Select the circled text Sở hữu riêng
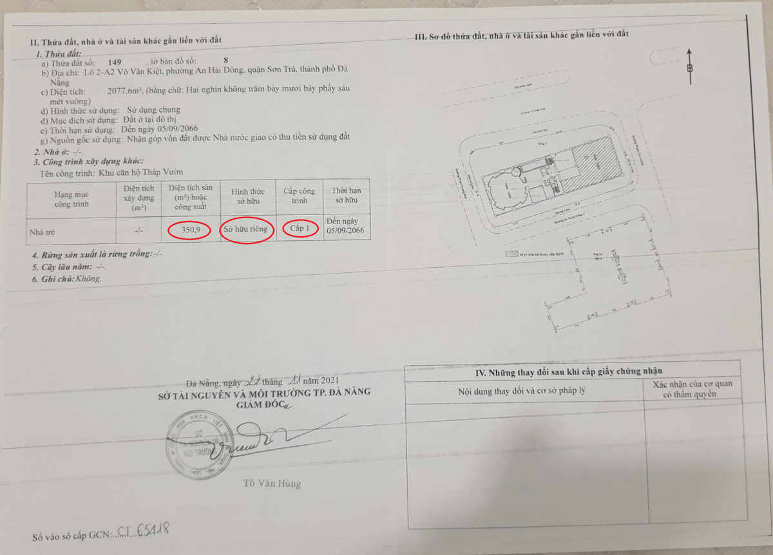[246, 230]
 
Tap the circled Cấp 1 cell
[300, 229]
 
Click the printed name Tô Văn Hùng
[272, 483]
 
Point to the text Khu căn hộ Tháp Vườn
[142, 173]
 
